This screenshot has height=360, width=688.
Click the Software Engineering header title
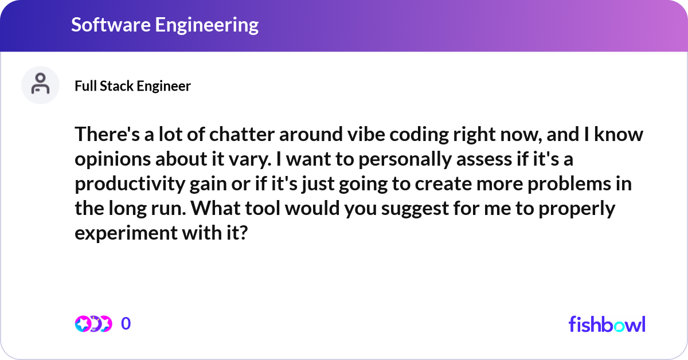click(x=165, y=25)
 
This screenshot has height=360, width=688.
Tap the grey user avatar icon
click(x=40, y=85)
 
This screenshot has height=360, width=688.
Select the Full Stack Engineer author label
click(x=132, y=86)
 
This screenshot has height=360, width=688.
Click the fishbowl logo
click(x=607, y=324)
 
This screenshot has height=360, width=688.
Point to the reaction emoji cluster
click(x=93, y=324)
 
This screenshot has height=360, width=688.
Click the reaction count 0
click(x=126, y=324)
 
